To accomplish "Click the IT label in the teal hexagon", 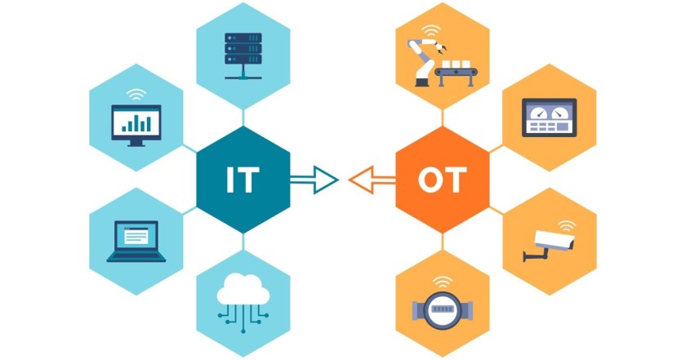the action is [243, 180].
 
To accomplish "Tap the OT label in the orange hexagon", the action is [443, 180].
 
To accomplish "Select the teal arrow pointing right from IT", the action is [314, 180].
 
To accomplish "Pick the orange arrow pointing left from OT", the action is [372, 180].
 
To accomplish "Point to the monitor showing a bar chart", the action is [136, 125].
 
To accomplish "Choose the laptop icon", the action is [136, 242].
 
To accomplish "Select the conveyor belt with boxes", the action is [456, 73].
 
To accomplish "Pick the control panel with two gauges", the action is [549, 118].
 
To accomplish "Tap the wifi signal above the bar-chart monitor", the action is [136, 95].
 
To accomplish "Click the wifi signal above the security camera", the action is [567, 225].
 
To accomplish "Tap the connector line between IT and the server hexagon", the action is [243, 118].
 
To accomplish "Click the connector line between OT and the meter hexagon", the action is [443, 242].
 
